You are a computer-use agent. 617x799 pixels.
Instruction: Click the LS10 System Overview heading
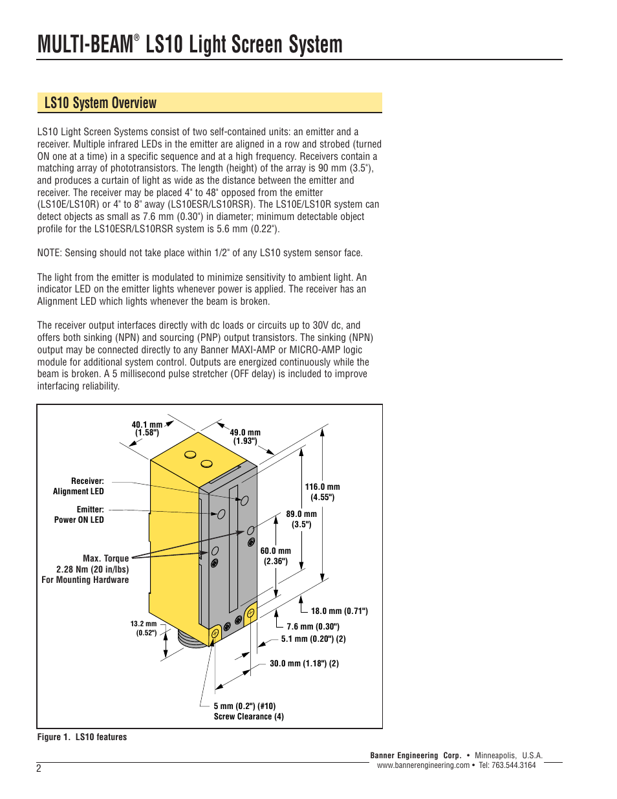point(100,103)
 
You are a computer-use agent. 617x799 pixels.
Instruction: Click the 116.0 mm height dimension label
point(322,492)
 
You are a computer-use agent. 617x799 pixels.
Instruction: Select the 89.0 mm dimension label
point(301,519)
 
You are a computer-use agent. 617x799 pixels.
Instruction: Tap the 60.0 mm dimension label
point(276,556)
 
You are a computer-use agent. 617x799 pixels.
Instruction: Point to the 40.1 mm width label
point(147,429)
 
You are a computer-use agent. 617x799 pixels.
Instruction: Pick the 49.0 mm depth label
point(245,437)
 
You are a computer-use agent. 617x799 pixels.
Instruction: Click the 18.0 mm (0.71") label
point(339,611)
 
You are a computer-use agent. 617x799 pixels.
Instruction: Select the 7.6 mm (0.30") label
point(313,626)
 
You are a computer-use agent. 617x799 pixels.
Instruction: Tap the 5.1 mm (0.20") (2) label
point(313,639)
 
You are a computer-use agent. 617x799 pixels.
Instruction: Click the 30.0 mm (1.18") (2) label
point(304,663)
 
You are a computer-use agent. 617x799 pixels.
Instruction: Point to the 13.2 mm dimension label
point(144,628)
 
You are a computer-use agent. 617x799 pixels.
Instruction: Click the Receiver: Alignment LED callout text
point(79,486)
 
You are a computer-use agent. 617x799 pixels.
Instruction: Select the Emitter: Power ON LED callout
point(80,514)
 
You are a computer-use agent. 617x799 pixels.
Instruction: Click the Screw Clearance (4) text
point(248,716)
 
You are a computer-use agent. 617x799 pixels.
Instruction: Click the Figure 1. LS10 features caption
point(82,737)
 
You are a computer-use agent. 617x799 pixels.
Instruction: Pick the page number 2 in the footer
point(39,769)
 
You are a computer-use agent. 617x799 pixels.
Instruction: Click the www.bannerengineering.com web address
point(423,765)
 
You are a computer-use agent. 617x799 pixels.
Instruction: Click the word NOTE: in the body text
point(50,253)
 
